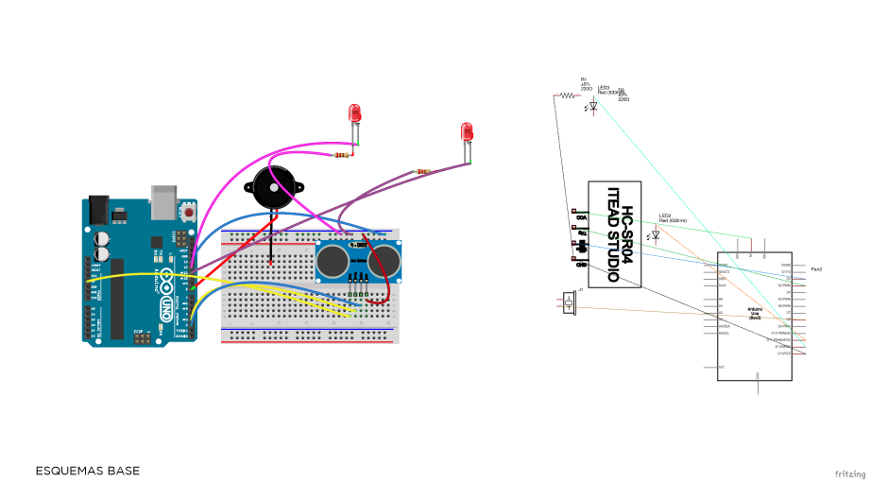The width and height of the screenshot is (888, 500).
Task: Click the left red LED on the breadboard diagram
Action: click(x=355, y=113)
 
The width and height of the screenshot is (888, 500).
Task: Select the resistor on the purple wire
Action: click(x=421, y=171)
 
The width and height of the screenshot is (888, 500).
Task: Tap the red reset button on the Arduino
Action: click(x=190, y=214)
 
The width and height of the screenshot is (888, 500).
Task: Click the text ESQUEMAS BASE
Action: click(x=87, y=471)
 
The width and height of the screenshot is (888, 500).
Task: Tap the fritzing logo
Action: click(x=849, y=474)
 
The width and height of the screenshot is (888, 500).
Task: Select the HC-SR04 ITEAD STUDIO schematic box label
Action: click(x=615, y=234)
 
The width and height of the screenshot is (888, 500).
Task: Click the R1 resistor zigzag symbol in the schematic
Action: click(x=567, y=95)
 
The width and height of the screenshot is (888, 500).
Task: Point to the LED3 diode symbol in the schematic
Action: click(x=592, y=106)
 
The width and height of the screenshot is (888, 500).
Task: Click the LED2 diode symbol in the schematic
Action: click(x=655, y=233)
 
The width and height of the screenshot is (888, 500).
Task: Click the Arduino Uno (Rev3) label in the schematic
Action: click(x=755, y=313)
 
